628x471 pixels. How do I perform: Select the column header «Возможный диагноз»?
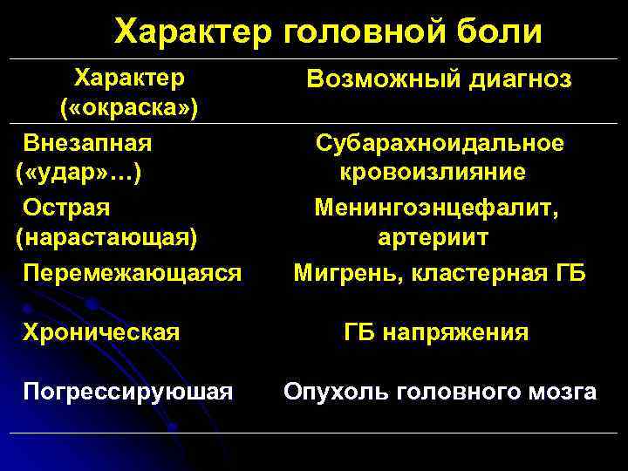click(x=440, y=80)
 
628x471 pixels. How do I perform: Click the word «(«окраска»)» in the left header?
click(x=128, y=108)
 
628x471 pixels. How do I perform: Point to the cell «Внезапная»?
click(x=88, y=141)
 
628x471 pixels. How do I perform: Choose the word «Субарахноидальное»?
click(x=440, y=142)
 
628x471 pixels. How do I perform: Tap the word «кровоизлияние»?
click(x=433, y=172)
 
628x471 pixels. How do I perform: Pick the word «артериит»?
click(x=433, y=236)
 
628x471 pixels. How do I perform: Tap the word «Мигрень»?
click(x=337, y=272)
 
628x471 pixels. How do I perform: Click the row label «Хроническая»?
click(x=102, y=332)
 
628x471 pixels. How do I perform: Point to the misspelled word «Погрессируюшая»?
click(x=128, y=392)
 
